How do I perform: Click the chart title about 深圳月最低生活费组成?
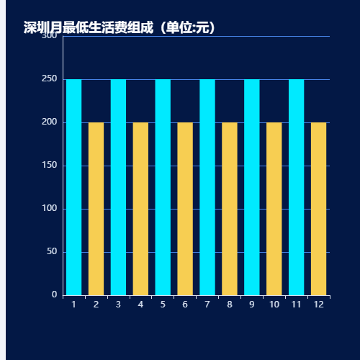[x=120, y=27]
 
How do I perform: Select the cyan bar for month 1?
[x=73, y=187]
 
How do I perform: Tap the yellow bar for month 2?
[x=96, y=209]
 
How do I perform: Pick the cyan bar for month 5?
[x=163, y=187]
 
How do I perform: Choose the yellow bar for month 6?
[x=185, y=209]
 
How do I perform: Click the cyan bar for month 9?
[x=251, y=187]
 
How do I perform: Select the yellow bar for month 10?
[x=274, y=209]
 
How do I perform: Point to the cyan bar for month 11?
[x=296, y=187]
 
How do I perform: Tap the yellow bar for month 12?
[x=318, y=209]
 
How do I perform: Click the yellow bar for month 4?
[x=140, y=209]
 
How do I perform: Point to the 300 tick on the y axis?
[x=50, y=35]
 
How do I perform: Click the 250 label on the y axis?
[x=50, y=78]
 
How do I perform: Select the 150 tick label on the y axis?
[x=50, y=165]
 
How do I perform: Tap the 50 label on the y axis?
[x=52, y=251]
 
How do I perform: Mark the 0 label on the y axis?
[x=55, y=294]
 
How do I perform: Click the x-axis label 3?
[x=118, y=305]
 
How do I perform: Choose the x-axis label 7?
[x=207, y=305]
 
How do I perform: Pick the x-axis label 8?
[x=230, y=305]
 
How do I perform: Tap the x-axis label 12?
[x=318, y=305]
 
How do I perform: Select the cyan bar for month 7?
[x=207, y=187]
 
